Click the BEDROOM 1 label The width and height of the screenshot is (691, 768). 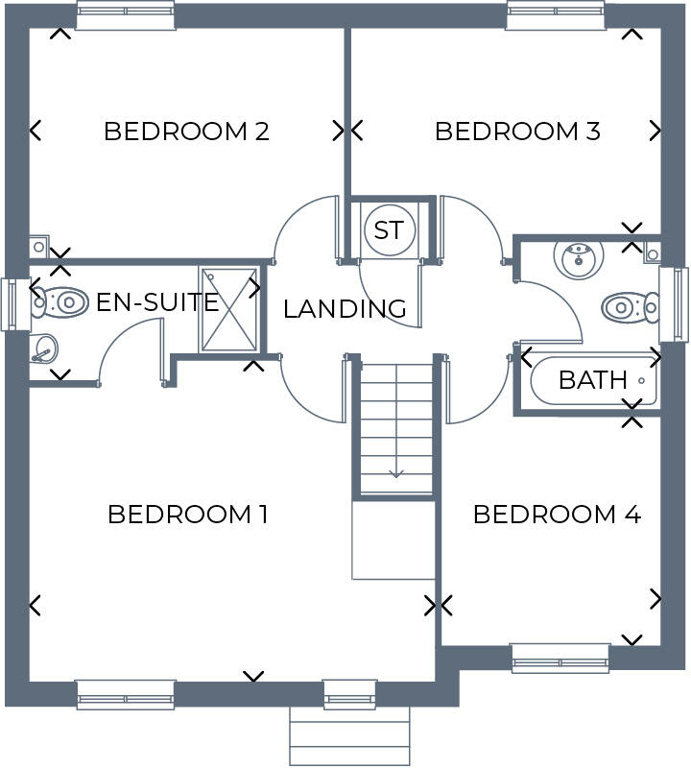click(x=187, y=515)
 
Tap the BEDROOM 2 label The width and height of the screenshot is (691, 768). click(x=185, y=131)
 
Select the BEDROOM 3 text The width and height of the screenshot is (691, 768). click(x=517, y=131)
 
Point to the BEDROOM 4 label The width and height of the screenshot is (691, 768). click(x=557, y=515)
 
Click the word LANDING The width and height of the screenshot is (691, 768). click(x=345, y=309)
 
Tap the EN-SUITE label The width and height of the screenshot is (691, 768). click(x=157, y=303)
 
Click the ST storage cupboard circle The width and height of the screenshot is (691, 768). click(x=389, y=230)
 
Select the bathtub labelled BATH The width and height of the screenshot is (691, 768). click(x=594, y=380)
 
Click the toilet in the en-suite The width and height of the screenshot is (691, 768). click(x=60, y=302)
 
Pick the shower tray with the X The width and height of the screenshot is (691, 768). click(x=228, y=309)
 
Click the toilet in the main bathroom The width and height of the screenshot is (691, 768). click(x=630, y=307)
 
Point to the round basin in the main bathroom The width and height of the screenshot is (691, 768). click(x=578, y=256)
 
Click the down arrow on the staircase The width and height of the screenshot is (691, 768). click(x=396, y=472)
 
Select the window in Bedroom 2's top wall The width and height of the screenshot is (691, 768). click(x=125, y=15)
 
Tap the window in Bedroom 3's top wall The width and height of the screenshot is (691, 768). click(x=556, y=15)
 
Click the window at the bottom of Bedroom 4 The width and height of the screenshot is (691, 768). click(x=560, y=658)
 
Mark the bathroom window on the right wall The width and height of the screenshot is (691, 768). click(x=675, y=303)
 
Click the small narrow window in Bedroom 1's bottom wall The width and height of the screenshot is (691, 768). click(x=349, y=693)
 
